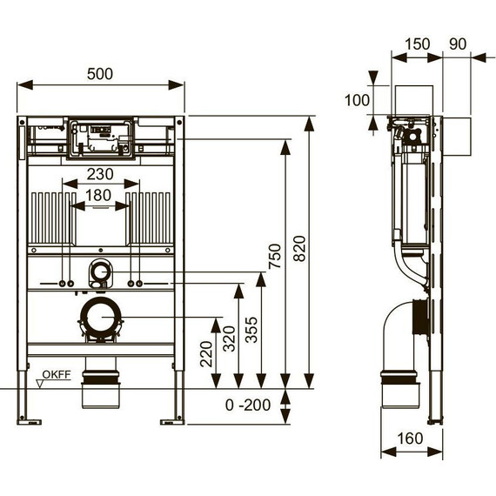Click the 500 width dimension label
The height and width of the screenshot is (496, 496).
100,74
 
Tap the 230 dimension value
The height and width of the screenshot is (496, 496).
100,174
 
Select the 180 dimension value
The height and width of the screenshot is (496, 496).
98,195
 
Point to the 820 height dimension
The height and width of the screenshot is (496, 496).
299,248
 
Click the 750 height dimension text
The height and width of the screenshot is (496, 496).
275,256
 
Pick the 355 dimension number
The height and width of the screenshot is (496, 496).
251,330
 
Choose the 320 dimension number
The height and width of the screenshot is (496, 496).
230,338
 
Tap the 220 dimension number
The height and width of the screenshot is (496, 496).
206,354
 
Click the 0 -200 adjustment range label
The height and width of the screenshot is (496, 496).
248,405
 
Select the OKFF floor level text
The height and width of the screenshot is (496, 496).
57,375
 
